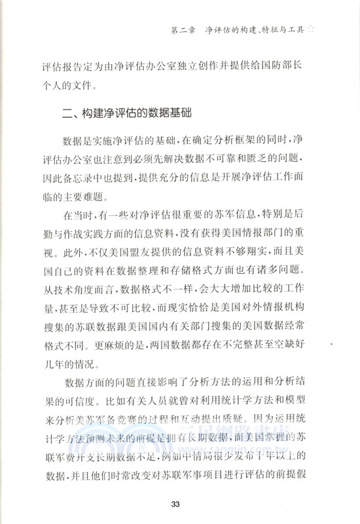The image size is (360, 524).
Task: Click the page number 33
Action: [175, 504]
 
